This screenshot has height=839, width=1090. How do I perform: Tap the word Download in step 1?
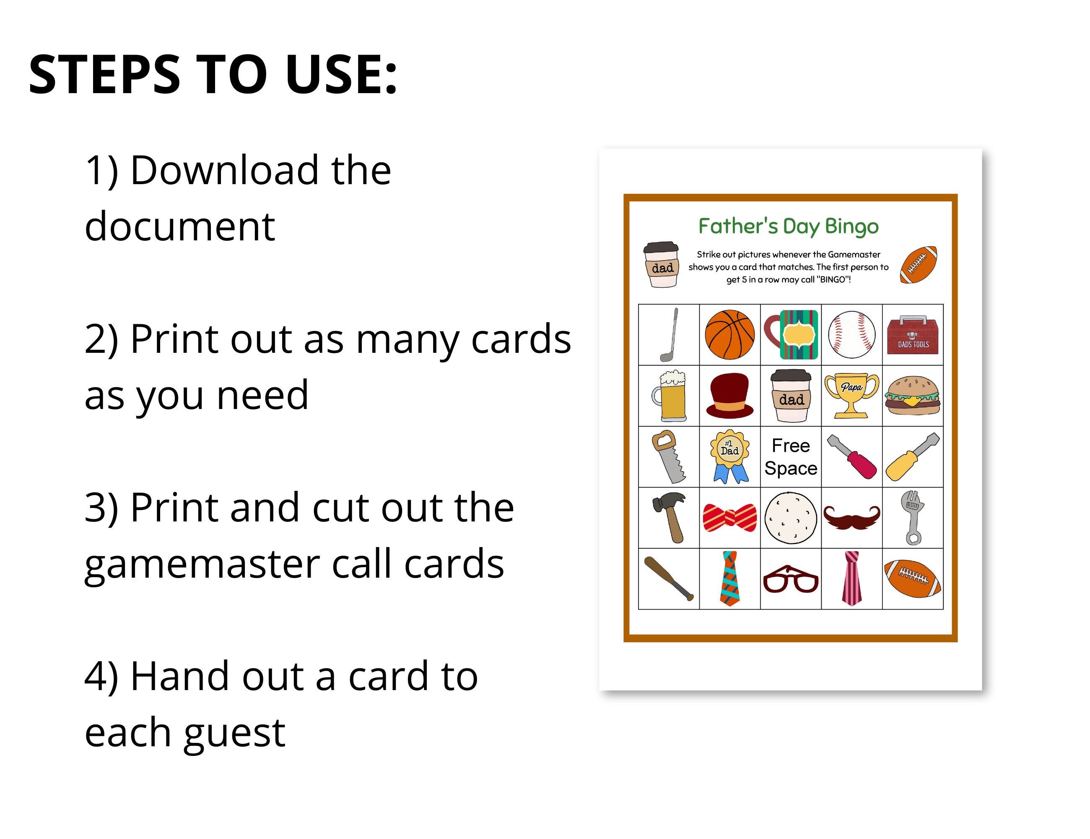click(224, 170)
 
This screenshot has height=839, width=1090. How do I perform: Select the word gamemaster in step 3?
click(202, 564)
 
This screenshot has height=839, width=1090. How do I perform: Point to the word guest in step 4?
click(235, 732)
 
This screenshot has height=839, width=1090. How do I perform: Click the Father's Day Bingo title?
click(788, 226)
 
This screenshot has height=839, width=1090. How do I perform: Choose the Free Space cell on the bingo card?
click(791, 457)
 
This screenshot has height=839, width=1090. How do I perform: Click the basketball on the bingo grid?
click(729, 335)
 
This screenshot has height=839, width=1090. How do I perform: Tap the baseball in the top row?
click(851, 335)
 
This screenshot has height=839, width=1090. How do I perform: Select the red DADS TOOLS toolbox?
click(913, 335)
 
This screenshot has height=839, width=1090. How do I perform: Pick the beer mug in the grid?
click(669, 396)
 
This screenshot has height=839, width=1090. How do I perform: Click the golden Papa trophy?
click(851, 396)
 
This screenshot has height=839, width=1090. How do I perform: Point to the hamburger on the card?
click(912, 396)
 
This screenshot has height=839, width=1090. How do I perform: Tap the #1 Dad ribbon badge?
click(729, 456)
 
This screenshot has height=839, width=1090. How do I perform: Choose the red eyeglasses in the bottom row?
click(791, 579)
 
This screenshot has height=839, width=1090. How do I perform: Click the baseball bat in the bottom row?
click(669, 579)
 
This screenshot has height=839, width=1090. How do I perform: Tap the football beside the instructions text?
click(918, 265)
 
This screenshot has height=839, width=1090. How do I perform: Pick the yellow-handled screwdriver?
click(912, 457)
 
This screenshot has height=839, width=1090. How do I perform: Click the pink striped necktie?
click(851, 578)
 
